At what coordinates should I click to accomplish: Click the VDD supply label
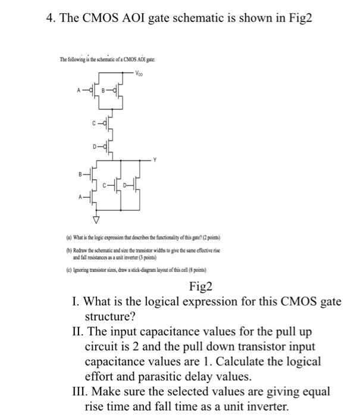click(139, 74)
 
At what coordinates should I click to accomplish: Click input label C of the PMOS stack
click(94, 123)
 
